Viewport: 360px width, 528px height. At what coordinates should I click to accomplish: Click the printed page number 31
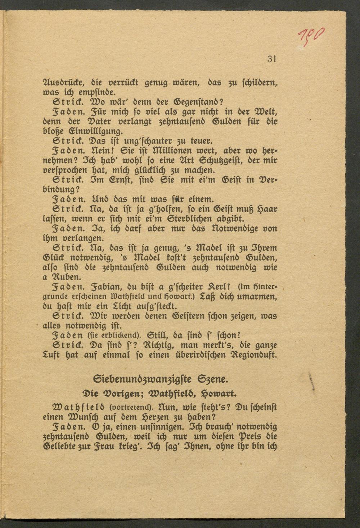[x=271, y=59]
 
